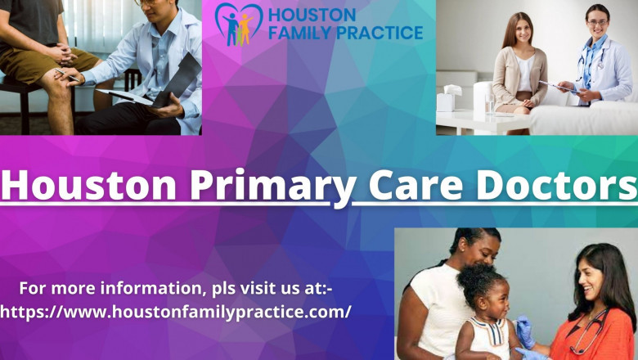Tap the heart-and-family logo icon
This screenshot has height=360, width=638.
pyautogui.click(x=238, y=24)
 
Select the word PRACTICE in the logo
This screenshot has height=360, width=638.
pyautogui.click(x=382, y=34)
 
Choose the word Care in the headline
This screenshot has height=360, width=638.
pyautogui.click(x=412, y=186)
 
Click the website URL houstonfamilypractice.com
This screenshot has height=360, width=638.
pyautogui.click(x=175, y=311)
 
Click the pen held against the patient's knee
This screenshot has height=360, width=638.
pyautogui.click(x=65, y=75)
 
